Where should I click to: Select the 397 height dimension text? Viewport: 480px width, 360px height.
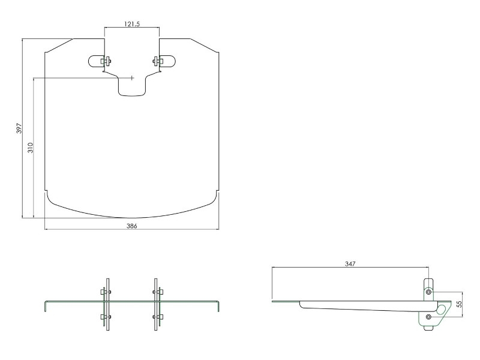point(19,128)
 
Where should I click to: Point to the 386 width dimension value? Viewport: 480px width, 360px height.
point(131,226)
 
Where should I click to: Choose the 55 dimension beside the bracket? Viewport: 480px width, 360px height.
point(459,304)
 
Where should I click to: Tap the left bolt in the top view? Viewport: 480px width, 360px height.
point(106,61)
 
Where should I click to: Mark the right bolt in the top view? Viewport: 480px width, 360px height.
point(157,61)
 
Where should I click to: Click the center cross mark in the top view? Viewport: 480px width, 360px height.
point(132,77)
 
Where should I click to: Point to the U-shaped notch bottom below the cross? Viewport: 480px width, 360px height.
point(132,94)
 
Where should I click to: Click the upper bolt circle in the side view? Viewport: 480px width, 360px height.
point(428,292)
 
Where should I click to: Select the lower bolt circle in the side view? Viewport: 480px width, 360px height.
point(428,316)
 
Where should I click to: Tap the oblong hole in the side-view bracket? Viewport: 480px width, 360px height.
point(442,309)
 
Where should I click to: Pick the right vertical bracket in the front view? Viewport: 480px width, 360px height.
point(156,303)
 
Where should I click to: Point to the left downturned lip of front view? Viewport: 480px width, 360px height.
point(45,306)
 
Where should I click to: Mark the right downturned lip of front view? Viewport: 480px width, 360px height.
point(220,306)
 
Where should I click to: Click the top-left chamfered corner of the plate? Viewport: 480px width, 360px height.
point(59,45)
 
